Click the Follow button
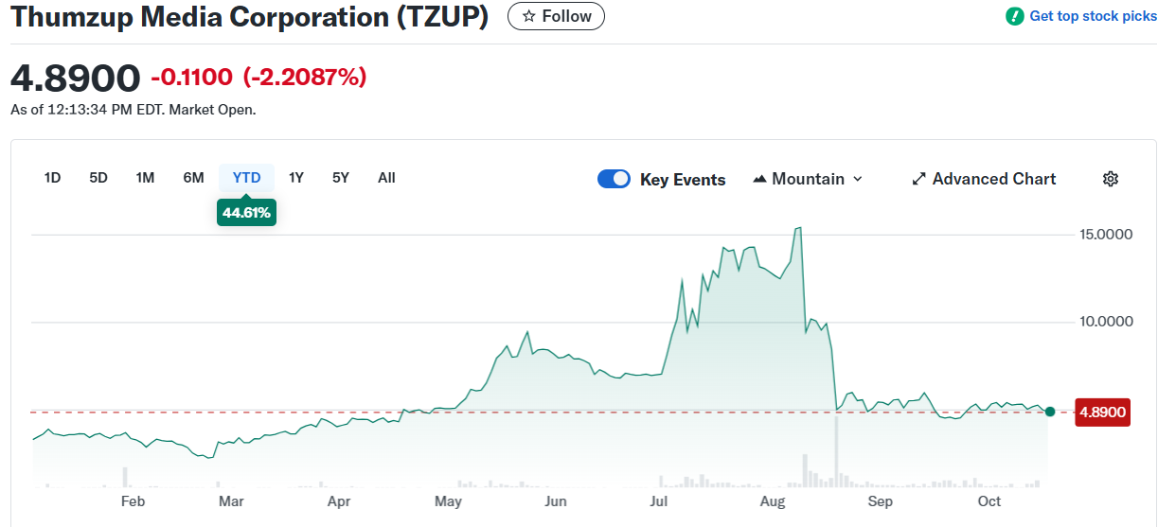pos(556,16)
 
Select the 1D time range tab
pos(53,178)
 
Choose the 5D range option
pos(98,178)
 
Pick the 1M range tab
pos(145,178)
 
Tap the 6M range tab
pos(193,178)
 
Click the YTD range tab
pos(246,178)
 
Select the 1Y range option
pos(296,178)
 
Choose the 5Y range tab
pos(341,178)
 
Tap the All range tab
pos(386,178)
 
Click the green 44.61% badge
pos(246,213)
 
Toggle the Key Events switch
pos(614,179)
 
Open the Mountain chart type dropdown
pos(808,179)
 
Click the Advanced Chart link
pos(984,179)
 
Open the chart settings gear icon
pos(1111,179)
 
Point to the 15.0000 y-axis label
pos(1106,234)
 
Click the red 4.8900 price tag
pos(1103,413)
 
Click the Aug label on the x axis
pos(773,501)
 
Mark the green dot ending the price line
pos(1049,412)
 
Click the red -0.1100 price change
pos(191,78)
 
